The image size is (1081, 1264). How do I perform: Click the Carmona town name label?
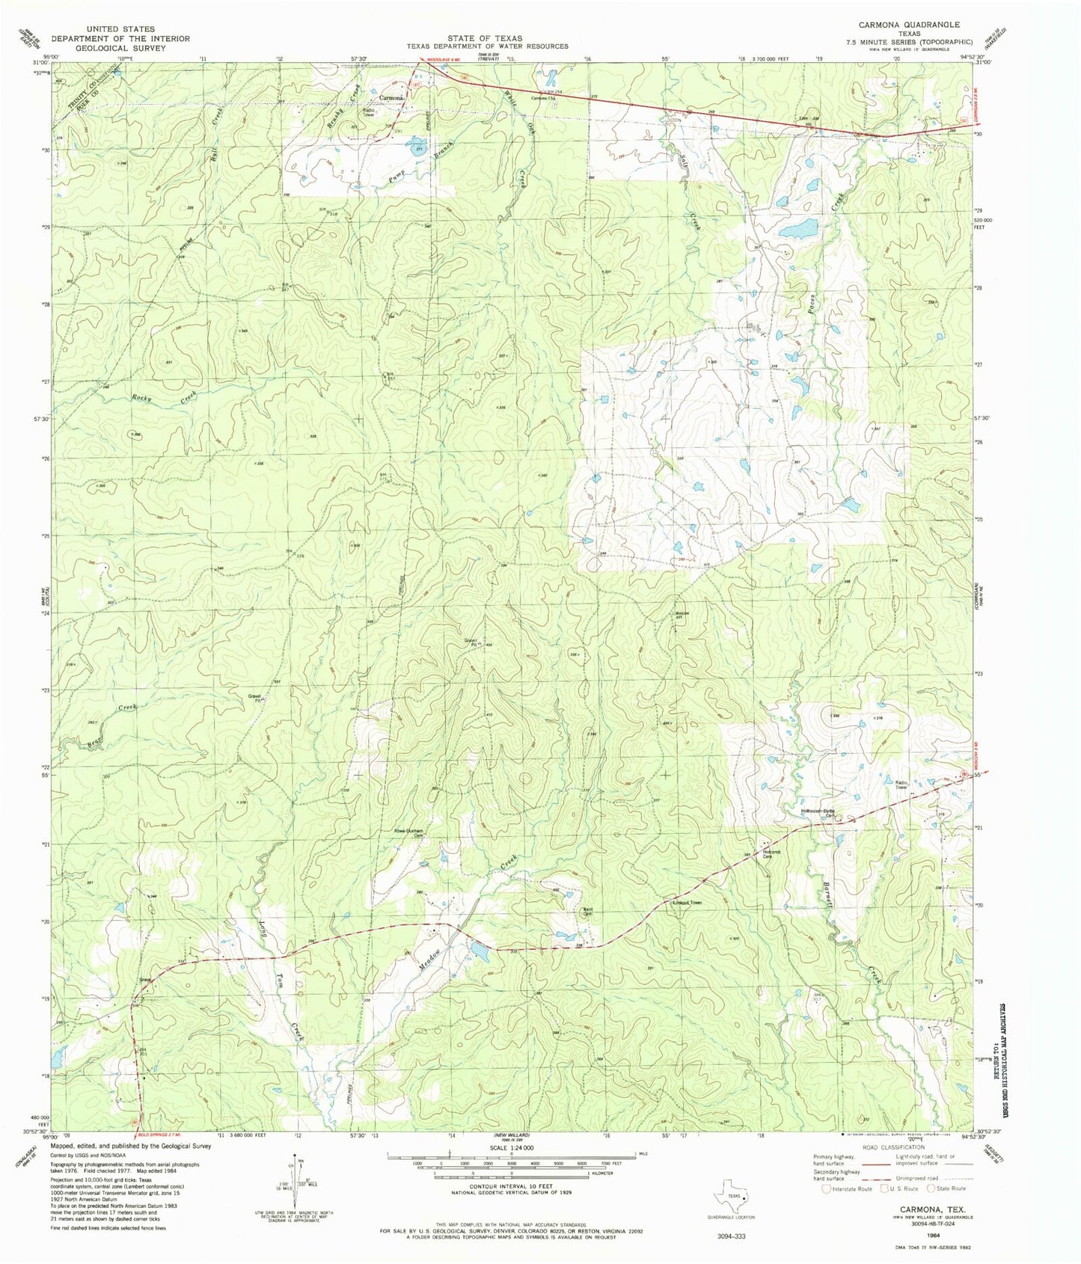pos(392,98)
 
